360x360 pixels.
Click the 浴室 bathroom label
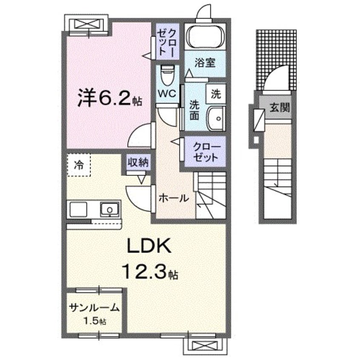pos(205,63)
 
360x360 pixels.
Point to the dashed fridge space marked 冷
pos(79,164)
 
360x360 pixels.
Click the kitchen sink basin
pos(110,209)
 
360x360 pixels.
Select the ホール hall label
pos(173,197)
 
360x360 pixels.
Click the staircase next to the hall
pos(211,196)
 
